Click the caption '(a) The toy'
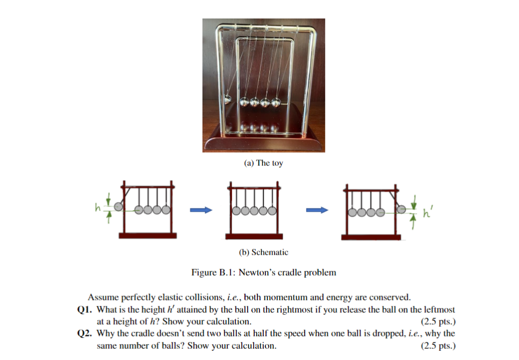click(x=263, y=163)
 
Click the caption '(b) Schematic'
click(x=263, y=251)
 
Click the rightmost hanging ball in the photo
click(x=276, y=102)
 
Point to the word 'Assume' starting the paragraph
click(x=101, y=297)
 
